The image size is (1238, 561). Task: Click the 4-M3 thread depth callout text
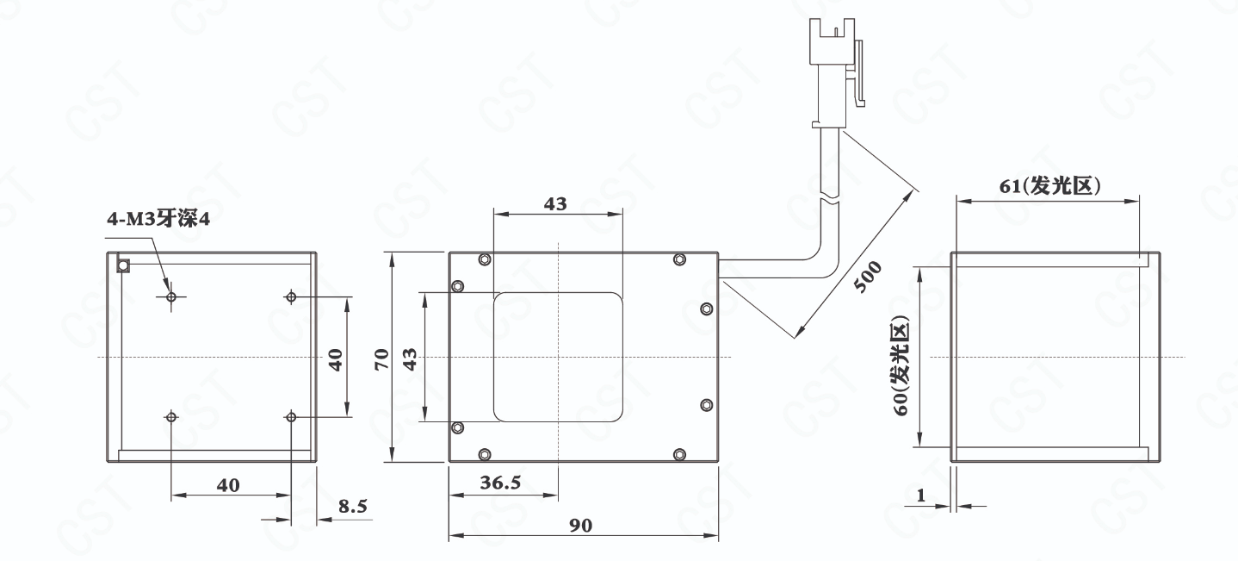pos(158,219)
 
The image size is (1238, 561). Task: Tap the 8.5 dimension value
pos(353,506)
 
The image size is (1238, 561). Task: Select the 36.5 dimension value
pos(500,483)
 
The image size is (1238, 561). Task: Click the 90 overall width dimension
pos(580,525)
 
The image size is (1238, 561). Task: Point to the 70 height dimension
pos(381,358)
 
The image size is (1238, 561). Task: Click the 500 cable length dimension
pos(868,277)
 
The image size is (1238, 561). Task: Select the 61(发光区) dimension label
pos(1049,186)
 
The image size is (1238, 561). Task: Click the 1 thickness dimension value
pos(921,495)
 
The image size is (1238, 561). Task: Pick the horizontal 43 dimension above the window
pos(555,203)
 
